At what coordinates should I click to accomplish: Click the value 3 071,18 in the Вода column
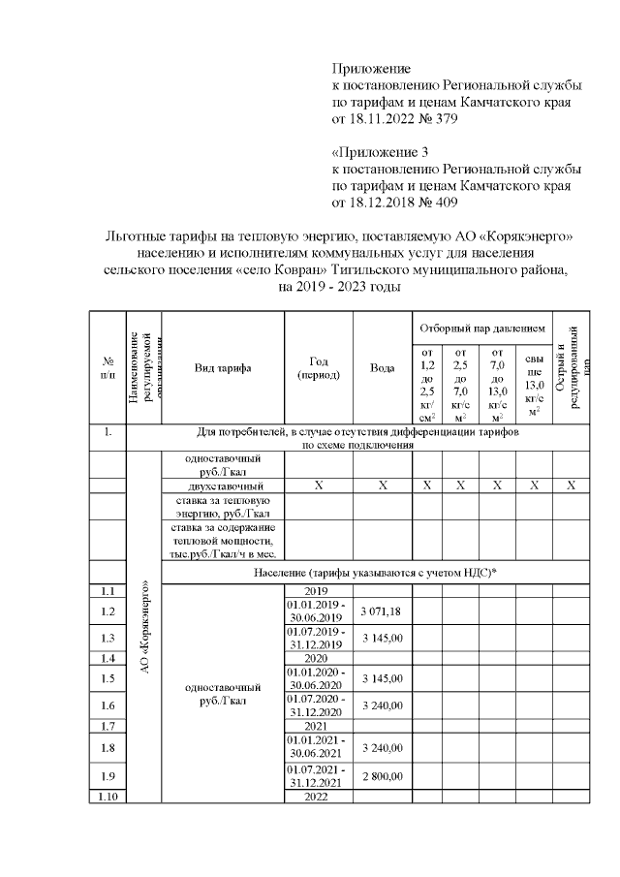[x=382, y=611]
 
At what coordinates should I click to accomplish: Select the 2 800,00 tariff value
[x=382, y=776]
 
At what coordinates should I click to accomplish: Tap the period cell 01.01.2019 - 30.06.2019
[x=318, y=611]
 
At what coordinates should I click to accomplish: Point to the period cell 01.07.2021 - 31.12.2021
[x=318, y=776]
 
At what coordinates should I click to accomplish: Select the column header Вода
[x=382, y=368]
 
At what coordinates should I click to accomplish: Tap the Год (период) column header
[x=318, y=368]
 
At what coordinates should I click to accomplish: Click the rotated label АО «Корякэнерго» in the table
[x=144, y=627]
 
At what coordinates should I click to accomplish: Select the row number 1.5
[x=108, y=678]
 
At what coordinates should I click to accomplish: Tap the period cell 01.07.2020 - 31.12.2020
[x=318, y=705]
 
